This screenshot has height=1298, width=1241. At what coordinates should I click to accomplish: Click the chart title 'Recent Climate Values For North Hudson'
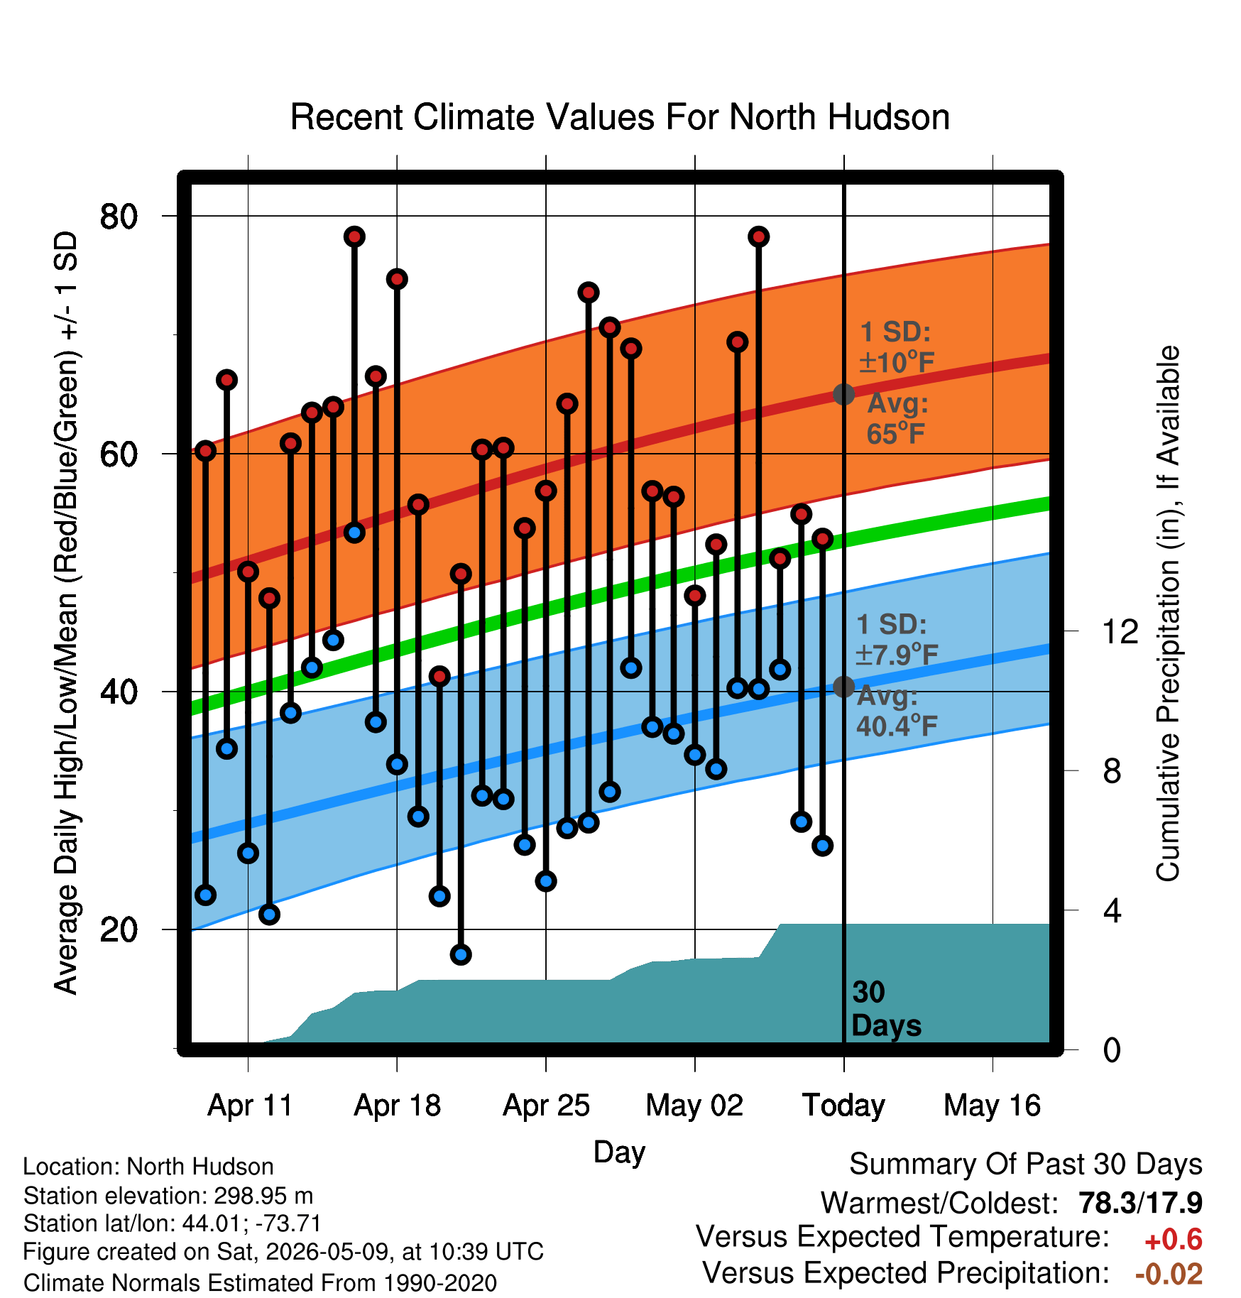click(620, 117)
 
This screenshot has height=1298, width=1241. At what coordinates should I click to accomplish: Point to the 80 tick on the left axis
click(119, 216)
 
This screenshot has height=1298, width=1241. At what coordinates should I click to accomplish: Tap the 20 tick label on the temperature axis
click(119, 929)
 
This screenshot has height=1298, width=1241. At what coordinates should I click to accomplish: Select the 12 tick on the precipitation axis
click(1120, 631)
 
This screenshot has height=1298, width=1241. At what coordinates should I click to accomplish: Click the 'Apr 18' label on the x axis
click(398, 1106)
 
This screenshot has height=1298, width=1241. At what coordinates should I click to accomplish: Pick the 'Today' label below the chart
click(843, 1106)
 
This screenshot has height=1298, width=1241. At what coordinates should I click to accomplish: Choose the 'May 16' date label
click(993, 1106)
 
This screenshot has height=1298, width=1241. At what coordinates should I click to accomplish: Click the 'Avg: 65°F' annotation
click(897, 418)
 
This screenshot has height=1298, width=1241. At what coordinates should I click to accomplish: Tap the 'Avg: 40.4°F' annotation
click(897, 711)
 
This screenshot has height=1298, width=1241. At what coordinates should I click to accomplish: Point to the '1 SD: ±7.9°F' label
click(897, 639)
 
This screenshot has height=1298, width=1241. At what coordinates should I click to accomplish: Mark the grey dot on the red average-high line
click(843, 394)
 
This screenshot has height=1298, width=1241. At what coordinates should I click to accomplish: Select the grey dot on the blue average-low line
click(843, 687)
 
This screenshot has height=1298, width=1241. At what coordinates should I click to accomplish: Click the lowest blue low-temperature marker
click(461, 954)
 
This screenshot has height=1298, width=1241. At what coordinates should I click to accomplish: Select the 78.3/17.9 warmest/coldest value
click(1140, 1204)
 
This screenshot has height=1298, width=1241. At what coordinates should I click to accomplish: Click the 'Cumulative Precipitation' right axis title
click(1168, 613)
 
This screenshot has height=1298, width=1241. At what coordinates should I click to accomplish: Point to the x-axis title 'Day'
click(619, 1152)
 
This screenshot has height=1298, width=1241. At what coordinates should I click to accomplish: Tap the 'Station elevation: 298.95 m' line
click(168, 1196)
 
